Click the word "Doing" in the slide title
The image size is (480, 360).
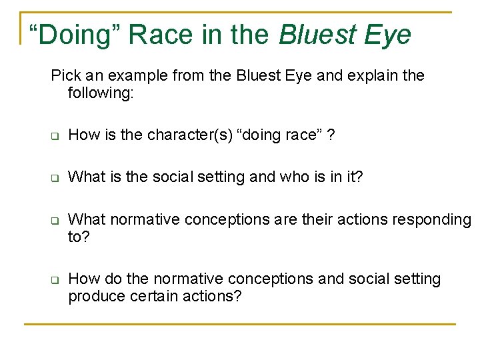click(x=74, y=35)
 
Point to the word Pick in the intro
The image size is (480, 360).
click(x=65, y=75)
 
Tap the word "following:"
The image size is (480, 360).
click(x=101, y=92)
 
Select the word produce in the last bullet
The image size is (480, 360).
click(x=95, y=295)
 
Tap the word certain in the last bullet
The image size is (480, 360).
click(x=149, y=295)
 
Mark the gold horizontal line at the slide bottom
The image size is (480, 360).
click(x=240, y=325)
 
